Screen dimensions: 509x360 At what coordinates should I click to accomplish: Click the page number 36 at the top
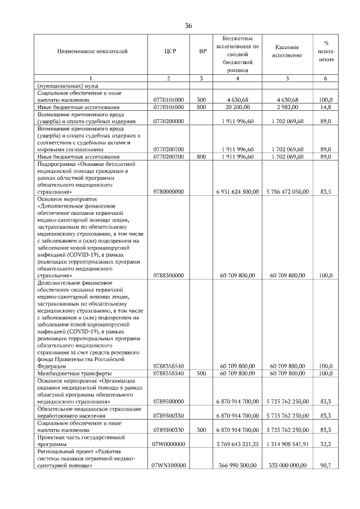coord(188,26)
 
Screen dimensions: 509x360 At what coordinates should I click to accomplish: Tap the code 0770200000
coord(169,121)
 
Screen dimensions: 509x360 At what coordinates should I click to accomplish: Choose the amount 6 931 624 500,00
coord(237,191)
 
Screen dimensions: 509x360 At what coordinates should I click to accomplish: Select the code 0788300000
coord(169,276)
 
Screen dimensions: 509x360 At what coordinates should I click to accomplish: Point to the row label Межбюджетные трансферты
coord(74,373)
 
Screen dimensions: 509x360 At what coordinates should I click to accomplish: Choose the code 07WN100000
coord(169,466)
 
